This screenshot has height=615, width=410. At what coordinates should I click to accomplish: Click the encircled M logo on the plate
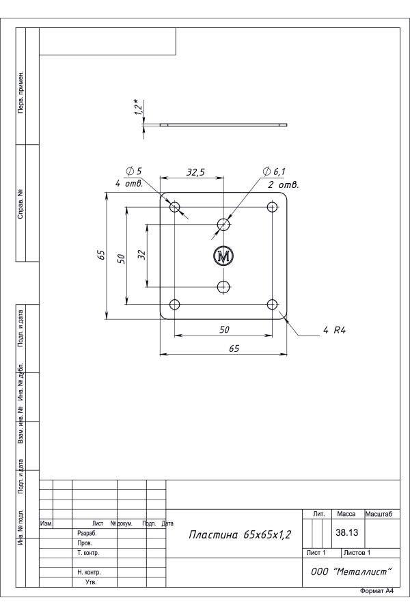(x=223, y=256)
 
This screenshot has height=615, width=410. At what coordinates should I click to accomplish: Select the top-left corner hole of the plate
(x=175, y=206)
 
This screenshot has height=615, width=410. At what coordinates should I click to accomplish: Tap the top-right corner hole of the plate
(x=272, y=206)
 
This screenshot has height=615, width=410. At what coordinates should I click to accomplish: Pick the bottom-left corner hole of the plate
(x=175, y=304)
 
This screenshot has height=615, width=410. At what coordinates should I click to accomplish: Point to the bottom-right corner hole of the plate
(x=272, y=304)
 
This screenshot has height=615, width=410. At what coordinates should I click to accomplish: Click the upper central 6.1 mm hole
(x=223, y=224)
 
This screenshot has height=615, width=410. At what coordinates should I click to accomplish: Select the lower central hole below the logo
(x=223, y=287)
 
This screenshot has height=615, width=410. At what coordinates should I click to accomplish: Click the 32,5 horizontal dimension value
(x=195, y=172)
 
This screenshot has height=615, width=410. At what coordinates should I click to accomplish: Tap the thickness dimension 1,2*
(x=138, y=107)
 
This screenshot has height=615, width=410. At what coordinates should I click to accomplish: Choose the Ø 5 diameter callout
(x=134, y=171)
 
